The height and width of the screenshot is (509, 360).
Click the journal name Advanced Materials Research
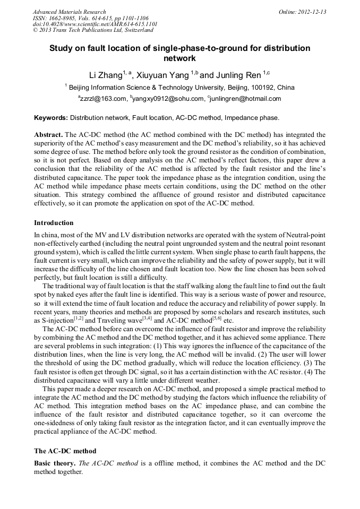pyautogui.click(x=70, y=12)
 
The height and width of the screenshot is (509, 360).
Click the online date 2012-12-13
pyautogui.click(x=313, y=12)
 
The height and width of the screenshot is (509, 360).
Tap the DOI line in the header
pyautogui.click(x=95, y=24)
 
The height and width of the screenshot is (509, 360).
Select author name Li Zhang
pyautogui.click(x=105, y=75)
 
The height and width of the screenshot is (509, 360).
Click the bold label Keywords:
pyautogui.click(x=51, y=117)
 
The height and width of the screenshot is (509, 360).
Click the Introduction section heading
pyautogui.click(x=54, y=222)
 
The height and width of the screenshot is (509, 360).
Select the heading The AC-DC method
pyautogui.click(x=65, y=451)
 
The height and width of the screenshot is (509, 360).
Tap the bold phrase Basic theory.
pyautogui.click(x=55, y=463)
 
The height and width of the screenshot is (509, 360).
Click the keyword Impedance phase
pyautogui.click(x=253, y=117)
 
